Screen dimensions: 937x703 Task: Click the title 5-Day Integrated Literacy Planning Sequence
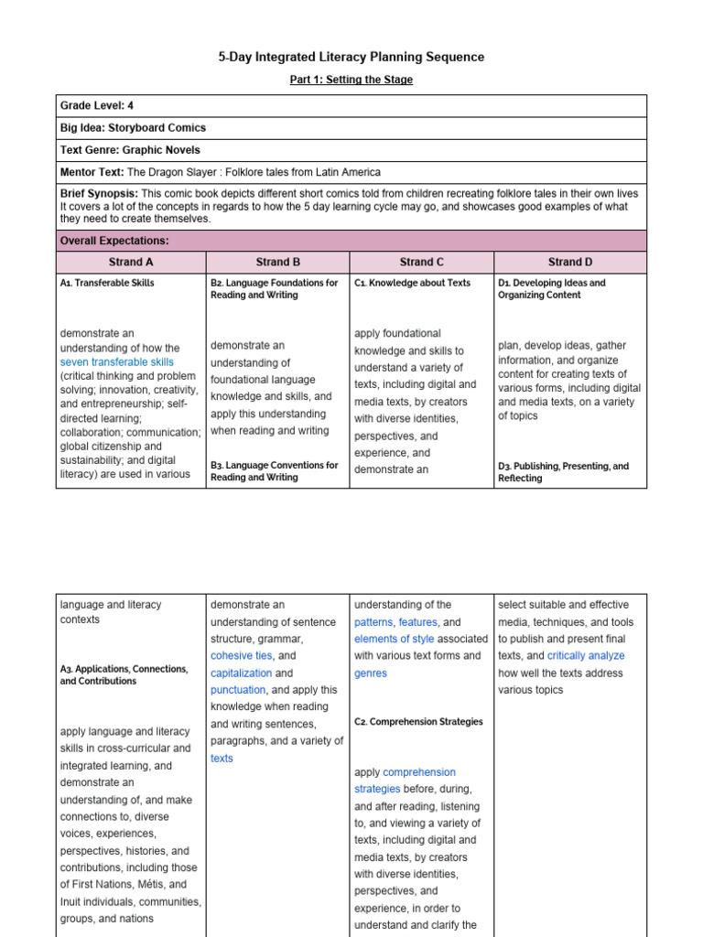point(351,57)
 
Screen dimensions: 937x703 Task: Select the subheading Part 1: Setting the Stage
point(351,81)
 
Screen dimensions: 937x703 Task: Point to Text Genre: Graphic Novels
point(130,150)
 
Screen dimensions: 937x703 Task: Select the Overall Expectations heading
point(114,241)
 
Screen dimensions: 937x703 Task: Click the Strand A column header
point(131,262)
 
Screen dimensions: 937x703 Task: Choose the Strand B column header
point(278,262)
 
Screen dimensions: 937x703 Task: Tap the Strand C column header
point(421,262)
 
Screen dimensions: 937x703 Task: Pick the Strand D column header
point(569,262)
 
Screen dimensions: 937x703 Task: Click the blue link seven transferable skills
point(116,362)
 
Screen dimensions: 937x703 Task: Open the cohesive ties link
point(242,656)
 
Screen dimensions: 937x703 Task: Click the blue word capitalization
point(242,673)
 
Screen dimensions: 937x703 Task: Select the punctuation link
point(237,690)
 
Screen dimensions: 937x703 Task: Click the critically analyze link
point(586,656)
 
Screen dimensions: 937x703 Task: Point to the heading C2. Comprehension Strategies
point(418,722)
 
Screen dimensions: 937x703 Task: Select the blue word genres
point(371,673)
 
